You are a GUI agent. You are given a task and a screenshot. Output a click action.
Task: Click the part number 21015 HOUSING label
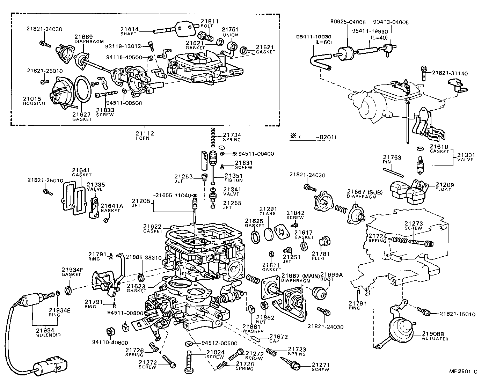pos(34,101)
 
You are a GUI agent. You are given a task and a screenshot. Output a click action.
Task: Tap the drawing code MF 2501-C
pos(463,372)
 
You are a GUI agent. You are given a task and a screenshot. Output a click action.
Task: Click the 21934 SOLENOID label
pos(48,332)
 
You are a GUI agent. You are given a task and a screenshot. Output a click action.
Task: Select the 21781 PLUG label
pos(318,256)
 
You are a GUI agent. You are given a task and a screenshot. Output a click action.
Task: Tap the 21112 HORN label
pos(145,135)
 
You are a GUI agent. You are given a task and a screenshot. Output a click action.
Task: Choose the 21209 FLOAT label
pos(443,186)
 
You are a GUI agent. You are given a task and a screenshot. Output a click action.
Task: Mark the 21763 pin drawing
pos(393,172)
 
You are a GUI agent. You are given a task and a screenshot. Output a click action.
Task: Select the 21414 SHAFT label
pos(130,32)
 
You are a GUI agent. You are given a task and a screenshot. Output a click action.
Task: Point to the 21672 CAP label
pos(278,338)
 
